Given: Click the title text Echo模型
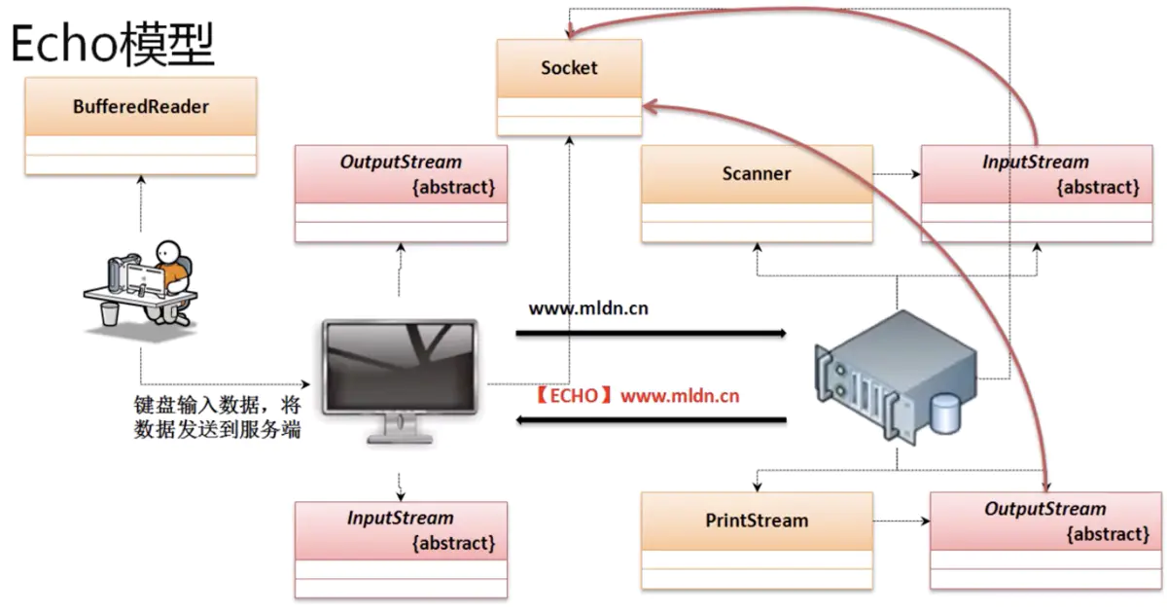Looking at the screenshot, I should tap(112, 44).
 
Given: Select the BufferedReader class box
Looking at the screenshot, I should tap(141, 126).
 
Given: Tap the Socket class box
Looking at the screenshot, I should tap(569, 88).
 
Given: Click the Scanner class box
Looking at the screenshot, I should tap(757, 194).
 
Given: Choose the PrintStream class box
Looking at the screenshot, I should tap(757, 540).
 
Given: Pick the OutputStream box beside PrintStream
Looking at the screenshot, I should tap(1045, 540).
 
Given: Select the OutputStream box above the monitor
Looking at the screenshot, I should tap(401, 194).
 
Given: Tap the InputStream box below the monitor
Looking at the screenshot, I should tap(401, 550).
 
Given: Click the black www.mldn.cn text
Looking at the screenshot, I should tap(588, 309).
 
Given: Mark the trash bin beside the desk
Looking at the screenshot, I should tap(111, 312).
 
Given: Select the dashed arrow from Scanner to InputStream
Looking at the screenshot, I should tap(897, 175).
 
